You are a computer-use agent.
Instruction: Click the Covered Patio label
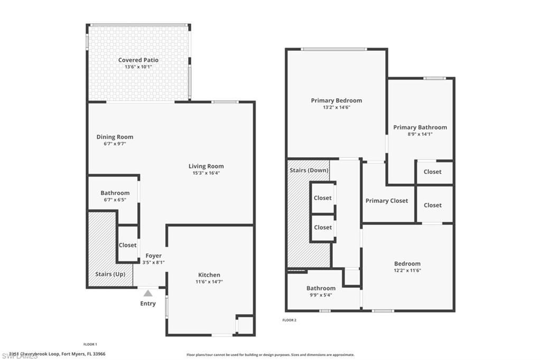pyautogui.click(x=138, y=60)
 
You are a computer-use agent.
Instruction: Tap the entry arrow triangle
pyautogui.click(x=148, y=293)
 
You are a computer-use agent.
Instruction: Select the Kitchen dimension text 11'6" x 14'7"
pyautogui.click(x=209, y=282)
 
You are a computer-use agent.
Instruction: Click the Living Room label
pyautogui.click(x=206, y=166)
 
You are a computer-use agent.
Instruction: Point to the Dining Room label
pyautogui.click(x=115, y=137)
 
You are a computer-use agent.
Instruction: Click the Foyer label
pyautogui.click(x=153, y=255)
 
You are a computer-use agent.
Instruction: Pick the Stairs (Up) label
pyautogui.click(x=110, y=274)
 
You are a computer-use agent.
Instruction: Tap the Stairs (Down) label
pyautogui.click(x=309, y=170)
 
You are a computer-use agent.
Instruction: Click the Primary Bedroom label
pyautogui.click(x=336, y=100)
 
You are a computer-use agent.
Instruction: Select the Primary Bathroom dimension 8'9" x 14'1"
pyautogui.click(x=420, y=134)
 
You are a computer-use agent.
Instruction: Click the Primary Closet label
pyautogui.click(x=387, y=201)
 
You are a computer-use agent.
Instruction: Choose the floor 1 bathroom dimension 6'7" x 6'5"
pyautogui.click(x=115, y=200)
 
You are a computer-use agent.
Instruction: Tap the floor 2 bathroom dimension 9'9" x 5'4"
pyautogui.click(x=321, y=295)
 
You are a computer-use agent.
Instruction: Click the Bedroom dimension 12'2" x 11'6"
pyautogui.click(x=407, y=270)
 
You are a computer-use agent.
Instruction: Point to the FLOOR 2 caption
pyautogui.click(x=290, y=320)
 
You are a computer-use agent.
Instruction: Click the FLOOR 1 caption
pyautogui.click(x=90, y=344)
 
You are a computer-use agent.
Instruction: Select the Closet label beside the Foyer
pyautogui.click(x=127, y=245)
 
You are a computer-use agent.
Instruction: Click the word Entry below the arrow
pyautogui.click(x=148, y=304)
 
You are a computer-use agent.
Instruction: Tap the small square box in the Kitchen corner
pyautogui.click(x=245, y=325)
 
